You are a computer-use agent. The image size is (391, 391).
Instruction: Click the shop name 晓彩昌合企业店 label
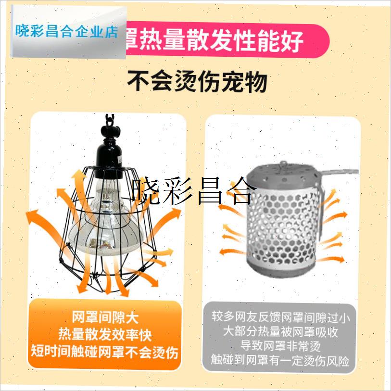coord(66,32)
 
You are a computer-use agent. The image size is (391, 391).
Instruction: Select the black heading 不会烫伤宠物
coord(197,82)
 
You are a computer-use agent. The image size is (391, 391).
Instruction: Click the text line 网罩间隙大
coord(105,318)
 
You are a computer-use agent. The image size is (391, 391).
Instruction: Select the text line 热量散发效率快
coord(105,334)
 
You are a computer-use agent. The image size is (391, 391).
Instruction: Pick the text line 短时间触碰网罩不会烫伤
coord(105,352)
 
